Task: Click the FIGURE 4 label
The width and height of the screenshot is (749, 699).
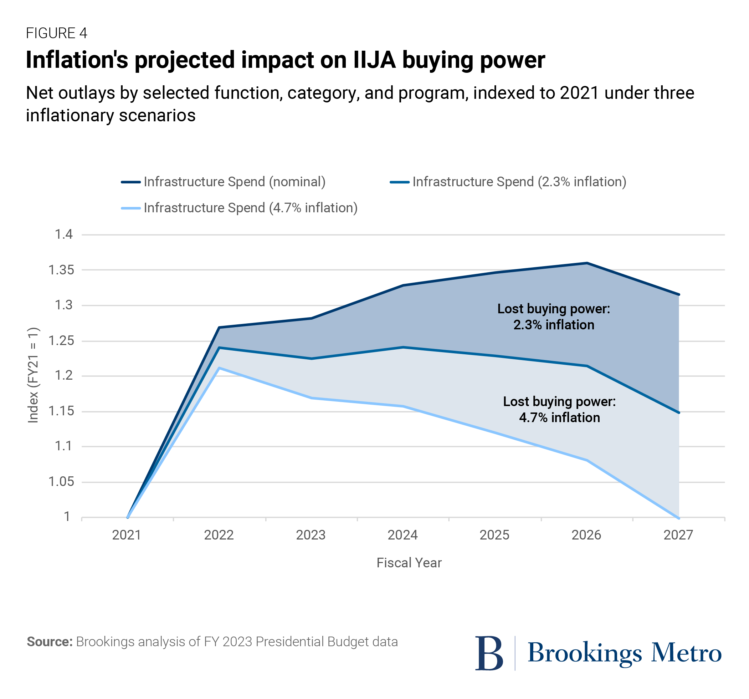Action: coord(57,33)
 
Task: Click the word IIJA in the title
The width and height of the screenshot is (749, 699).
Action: coord(374,60)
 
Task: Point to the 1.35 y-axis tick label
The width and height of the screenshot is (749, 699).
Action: coord(61,270)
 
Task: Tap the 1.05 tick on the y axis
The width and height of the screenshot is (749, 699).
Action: coord(61,481)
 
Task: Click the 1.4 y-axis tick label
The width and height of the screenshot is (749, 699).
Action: coord(64,234)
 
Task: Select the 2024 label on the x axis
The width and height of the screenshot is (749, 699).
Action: coord(402,535)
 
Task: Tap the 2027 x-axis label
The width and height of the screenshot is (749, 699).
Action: coord(678,535)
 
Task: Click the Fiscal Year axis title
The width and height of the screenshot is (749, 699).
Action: coord(409,563)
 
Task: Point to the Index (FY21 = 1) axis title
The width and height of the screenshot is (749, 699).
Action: coord(33,375)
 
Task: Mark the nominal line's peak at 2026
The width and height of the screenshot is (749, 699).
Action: coord(587,263)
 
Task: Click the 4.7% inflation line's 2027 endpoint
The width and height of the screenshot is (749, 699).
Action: coord(678,518)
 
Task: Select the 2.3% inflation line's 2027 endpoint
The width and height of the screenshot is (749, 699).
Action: coord(678,413)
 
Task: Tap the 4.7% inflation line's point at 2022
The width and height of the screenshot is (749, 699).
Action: coord(220,368)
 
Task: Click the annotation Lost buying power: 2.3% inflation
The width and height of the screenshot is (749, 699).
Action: coord(553,317)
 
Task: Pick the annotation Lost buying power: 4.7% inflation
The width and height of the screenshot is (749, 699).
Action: coord(559,410)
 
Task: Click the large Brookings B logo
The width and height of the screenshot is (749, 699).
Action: coord(489,653)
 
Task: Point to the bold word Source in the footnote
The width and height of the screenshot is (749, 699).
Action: coord(49,642)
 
